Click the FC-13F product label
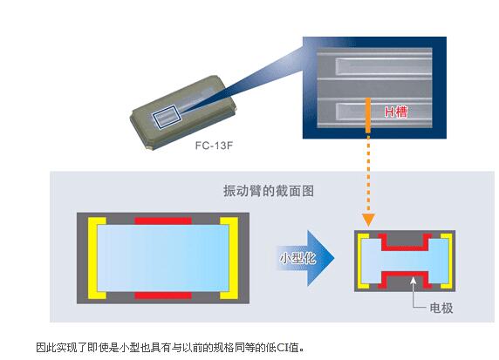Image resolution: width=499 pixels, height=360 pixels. coord(214,146)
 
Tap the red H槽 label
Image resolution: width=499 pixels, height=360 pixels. coord(396,112)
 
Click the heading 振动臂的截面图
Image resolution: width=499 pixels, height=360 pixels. coord(269,191)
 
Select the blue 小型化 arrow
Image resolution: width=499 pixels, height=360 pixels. coord(305,258)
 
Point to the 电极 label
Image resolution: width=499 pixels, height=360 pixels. coord(441,308)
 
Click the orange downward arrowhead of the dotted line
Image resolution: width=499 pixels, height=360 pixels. coord(368,220)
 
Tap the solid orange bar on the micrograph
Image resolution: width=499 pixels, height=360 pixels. coord(368,115)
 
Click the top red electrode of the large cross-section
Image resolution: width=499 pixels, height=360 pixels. coord(163,221)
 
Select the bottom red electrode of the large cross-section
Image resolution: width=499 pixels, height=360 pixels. coord(163,295)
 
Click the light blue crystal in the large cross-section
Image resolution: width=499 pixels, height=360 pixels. coord(163,258)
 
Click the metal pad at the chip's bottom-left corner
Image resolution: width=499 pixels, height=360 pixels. coord(149,147)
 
